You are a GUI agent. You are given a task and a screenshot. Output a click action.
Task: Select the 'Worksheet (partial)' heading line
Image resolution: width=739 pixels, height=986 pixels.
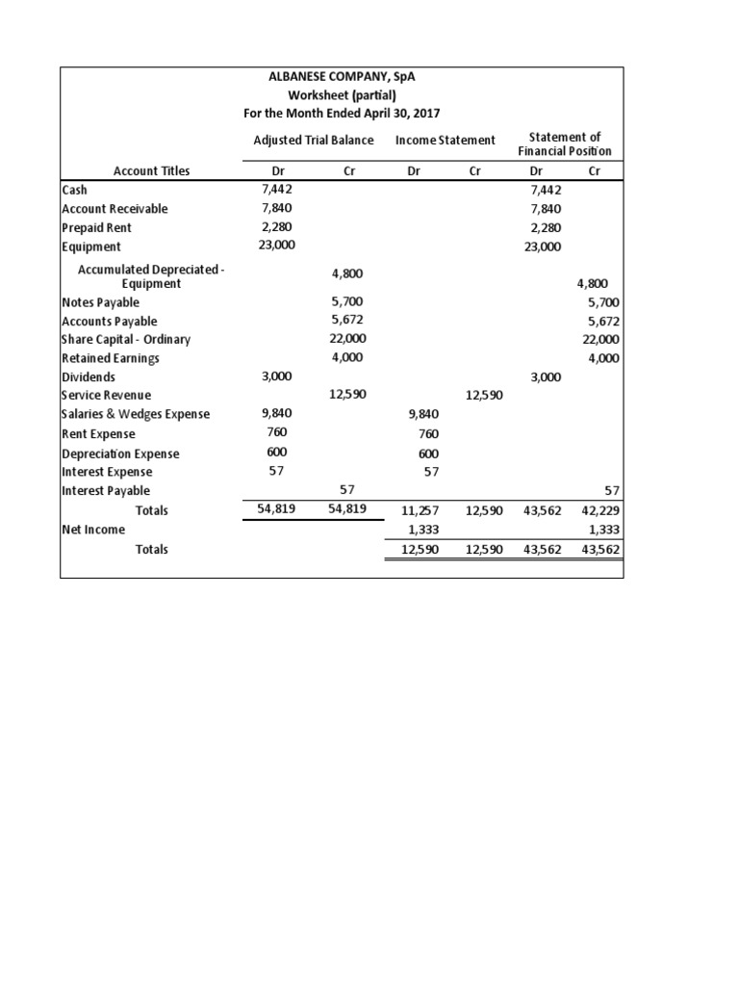pos(342,96)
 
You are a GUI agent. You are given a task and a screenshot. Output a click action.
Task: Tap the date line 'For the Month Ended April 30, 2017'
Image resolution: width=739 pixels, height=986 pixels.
pos(342,114)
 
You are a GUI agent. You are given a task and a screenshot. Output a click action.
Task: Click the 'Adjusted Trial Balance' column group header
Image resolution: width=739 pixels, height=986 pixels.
pos(313,141)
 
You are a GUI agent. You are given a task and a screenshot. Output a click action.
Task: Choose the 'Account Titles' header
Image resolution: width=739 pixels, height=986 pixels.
pos(151,171)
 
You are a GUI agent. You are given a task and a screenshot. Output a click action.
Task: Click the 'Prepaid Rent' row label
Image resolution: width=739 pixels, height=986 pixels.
pos(96,228)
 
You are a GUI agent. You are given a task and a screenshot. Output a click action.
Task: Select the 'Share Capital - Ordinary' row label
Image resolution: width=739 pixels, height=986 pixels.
pos(125,340)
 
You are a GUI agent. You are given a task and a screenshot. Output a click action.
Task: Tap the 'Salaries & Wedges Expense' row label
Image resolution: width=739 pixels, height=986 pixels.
pos(135,414)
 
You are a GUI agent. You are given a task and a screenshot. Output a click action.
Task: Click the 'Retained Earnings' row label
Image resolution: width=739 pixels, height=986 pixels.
pos(110,358)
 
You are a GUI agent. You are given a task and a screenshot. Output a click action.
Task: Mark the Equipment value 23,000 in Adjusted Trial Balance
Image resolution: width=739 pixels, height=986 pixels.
pos(277,246)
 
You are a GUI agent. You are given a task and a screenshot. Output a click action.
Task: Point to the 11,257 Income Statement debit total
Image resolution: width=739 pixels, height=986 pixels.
pos(420,511)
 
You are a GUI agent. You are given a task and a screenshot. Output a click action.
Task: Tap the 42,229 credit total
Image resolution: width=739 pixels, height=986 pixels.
pos(600,511)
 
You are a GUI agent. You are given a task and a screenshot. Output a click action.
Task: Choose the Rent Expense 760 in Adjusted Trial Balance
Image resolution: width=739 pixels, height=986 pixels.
pos(277,432)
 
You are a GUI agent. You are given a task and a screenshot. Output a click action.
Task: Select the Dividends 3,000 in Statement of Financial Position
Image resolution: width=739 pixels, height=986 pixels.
pos(546,377)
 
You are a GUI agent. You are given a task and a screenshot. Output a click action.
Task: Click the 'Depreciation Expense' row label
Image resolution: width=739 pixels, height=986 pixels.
pos(119,454)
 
